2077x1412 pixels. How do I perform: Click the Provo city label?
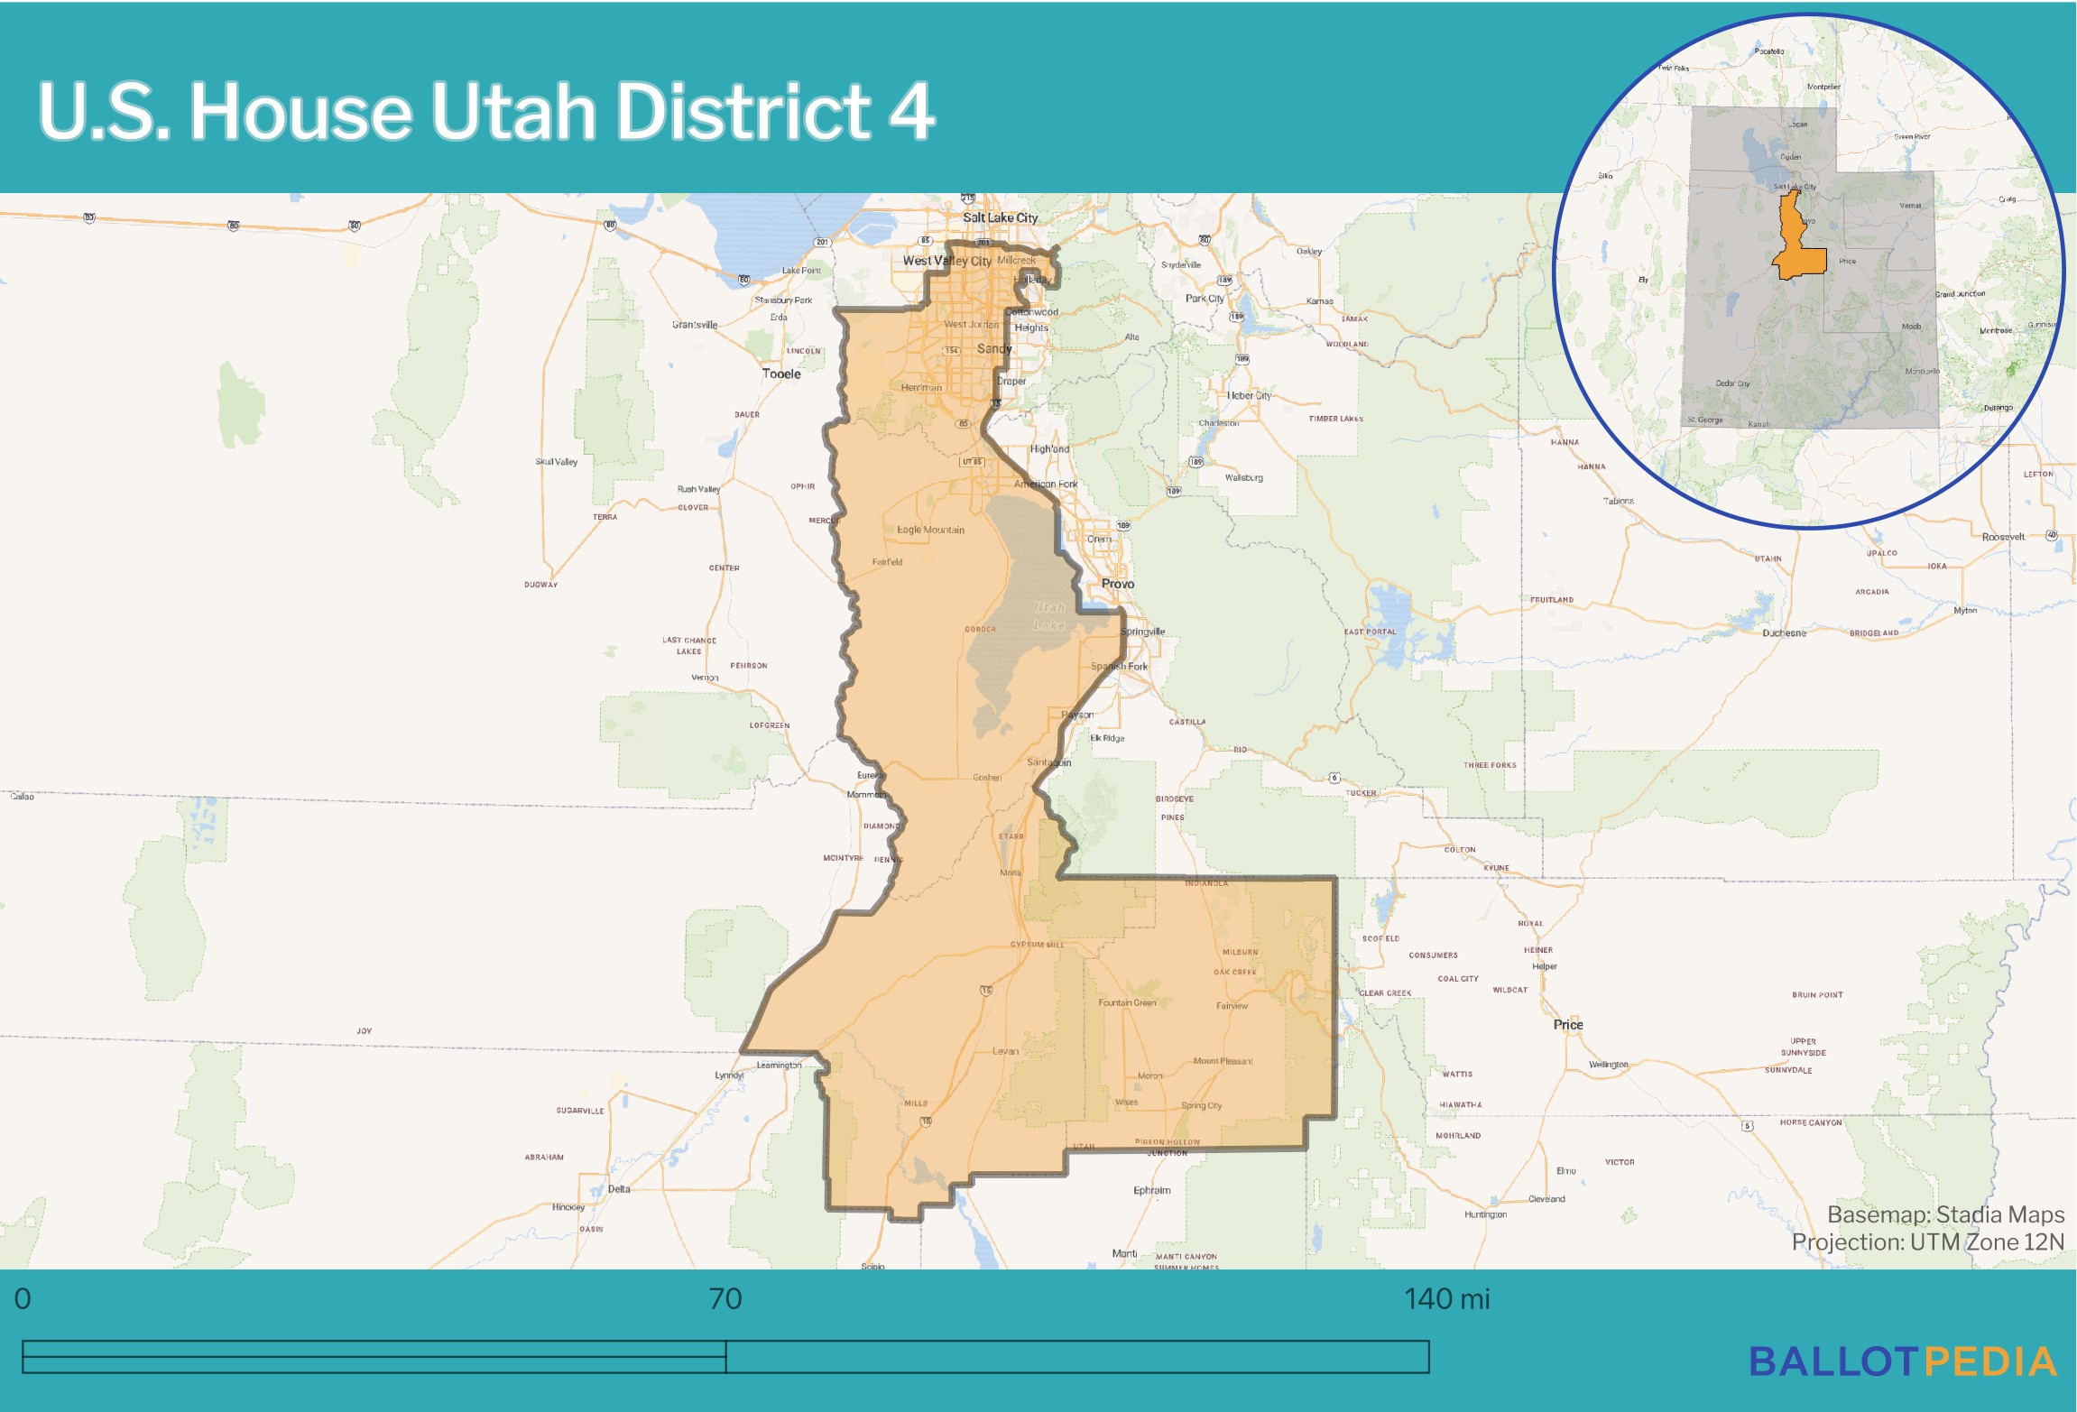tap(1117, 584)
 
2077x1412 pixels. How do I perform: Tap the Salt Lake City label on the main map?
tap(1000, 217)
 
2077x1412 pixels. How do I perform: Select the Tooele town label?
tap(781, 374)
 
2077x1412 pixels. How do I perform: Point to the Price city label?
tap(1567, 1024)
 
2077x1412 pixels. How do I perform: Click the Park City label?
tap(1205, 299)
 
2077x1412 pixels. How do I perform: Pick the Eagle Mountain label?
tap(930, 530)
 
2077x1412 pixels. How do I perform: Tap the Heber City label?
tap(1249, 395)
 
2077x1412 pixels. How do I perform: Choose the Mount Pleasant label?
tap(1223, 1061)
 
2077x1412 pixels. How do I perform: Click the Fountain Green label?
tap(1127, 1002)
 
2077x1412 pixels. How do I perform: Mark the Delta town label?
tap(619, 1188)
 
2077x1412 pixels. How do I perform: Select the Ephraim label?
tap(1152, 1190)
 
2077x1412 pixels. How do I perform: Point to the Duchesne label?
tap(1784, 632)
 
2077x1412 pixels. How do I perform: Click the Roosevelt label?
tap(2003, 537)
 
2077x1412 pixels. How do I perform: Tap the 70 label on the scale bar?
tap(725, 1299)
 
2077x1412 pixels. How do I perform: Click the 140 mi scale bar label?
tap(1446, 1299)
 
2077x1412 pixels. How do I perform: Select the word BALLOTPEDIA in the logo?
tap(1902, 1362)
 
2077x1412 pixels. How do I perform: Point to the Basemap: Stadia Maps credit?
tap(1945, 1214)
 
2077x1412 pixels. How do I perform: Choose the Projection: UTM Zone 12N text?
tap(1927, 1242)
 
